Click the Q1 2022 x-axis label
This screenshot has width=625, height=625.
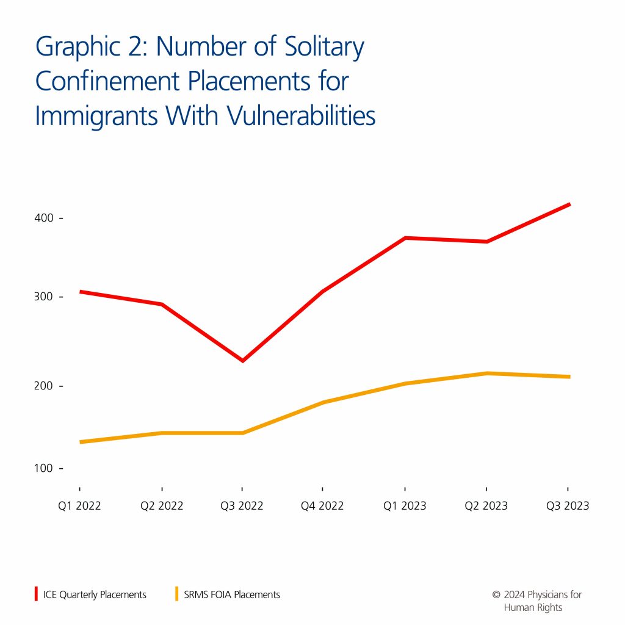[x=80, y=506]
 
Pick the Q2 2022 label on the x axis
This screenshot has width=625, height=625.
[x=162, y=506]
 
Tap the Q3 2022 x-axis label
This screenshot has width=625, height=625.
[x=242, y=506]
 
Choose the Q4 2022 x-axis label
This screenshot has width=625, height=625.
[x=323, y=506]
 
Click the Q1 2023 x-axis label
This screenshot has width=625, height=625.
[x=405, y=506]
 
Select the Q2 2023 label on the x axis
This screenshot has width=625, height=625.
[x=486, y=506]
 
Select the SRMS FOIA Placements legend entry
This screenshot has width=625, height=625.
[x=231, y=594]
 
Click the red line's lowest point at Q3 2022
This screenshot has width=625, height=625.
[x=242, y=361]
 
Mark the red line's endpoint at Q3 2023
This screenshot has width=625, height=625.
[x=569, y=204]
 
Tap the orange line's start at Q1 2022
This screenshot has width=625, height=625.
[x=81, y=442]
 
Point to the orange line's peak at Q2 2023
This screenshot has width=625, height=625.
[x=486, y=373]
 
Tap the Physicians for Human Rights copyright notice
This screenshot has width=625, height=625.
[x=536, y=601]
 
